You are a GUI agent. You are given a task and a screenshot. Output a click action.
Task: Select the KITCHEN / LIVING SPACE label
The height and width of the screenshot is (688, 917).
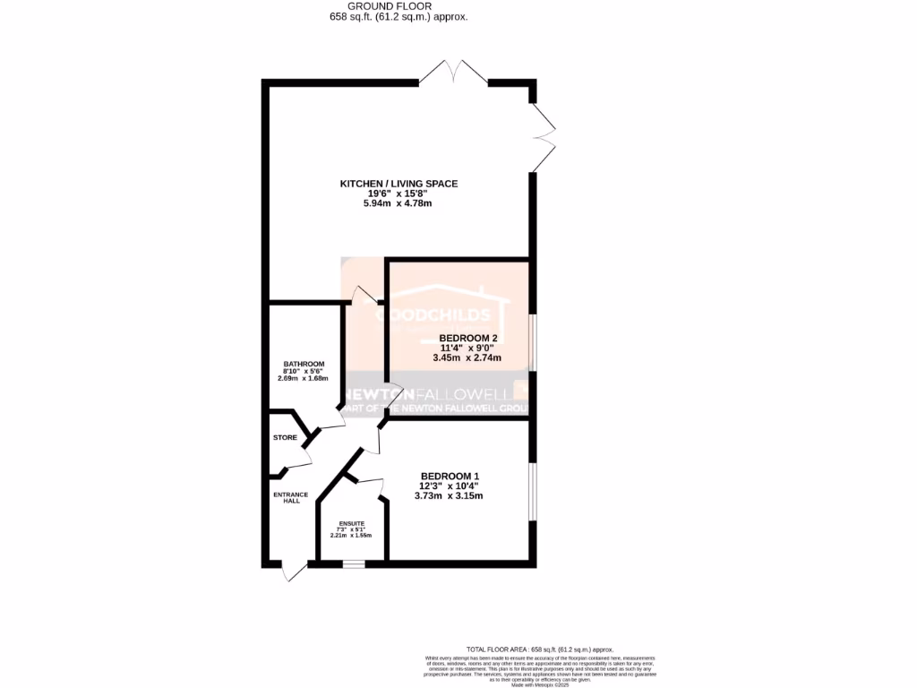tap(399, 184)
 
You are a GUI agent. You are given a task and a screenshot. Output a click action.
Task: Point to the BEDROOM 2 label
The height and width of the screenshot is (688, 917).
tap(467, 338)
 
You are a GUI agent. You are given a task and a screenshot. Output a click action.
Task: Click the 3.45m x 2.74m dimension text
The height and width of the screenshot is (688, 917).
tap(467, 357)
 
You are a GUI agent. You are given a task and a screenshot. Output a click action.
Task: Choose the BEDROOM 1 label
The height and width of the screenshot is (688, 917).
tap(450, 476)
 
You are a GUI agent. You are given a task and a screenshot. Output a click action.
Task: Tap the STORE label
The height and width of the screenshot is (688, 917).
tap(285, 437)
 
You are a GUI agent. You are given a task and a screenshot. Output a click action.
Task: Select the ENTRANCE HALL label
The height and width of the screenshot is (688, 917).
tap(290, 498)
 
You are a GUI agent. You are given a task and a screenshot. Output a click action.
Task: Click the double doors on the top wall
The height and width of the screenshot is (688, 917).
tap(454, 73)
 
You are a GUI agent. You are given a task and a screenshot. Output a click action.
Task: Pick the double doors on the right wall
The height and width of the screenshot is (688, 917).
tap(544, 137)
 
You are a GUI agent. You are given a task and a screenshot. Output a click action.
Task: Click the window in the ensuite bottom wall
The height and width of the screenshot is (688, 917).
tap(354, 564)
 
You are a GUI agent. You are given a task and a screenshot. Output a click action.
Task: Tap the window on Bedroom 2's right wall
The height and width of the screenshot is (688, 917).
tap(532, 341)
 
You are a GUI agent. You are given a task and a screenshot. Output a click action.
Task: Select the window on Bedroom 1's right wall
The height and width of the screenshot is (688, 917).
tap(532, 491)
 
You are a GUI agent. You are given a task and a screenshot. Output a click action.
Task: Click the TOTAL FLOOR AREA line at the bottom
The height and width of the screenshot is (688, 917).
tap(539, 649)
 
